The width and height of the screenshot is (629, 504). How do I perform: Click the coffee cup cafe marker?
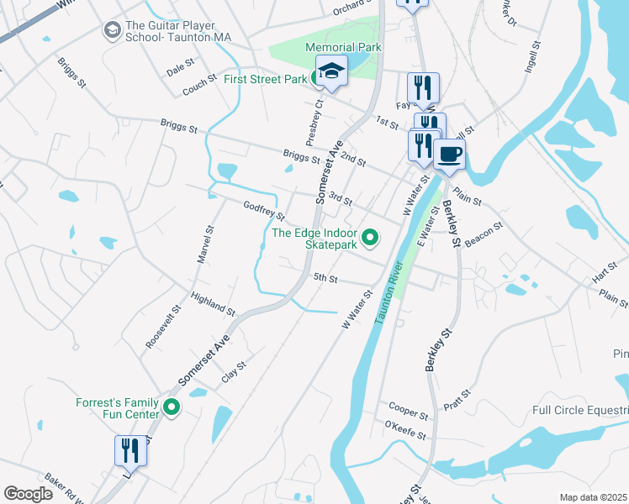[x=449, y=154]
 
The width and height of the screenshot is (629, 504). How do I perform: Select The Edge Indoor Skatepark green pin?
[x=370, y=239]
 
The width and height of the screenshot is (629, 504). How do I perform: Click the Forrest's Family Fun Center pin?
[x=172, y=408]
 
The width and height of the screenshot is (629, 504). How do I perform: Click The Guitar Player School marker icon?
[x=112, y=31]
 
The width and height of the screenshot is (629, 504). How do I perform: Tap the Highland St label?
[x=213, y=304]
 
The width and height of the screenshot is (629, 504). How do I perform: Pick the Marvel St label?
[x=205, y=244]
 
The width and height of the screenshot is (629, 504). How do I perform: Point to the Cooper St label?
[x=409, y=411]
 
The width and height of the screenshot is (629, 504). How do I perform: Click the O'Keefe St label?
[x=406, y=430]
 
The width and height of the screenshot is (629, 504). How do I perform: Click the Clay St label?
[x=233, y=371]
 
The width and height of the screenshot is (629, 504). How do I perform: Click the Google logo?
[x=28, y=494]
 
